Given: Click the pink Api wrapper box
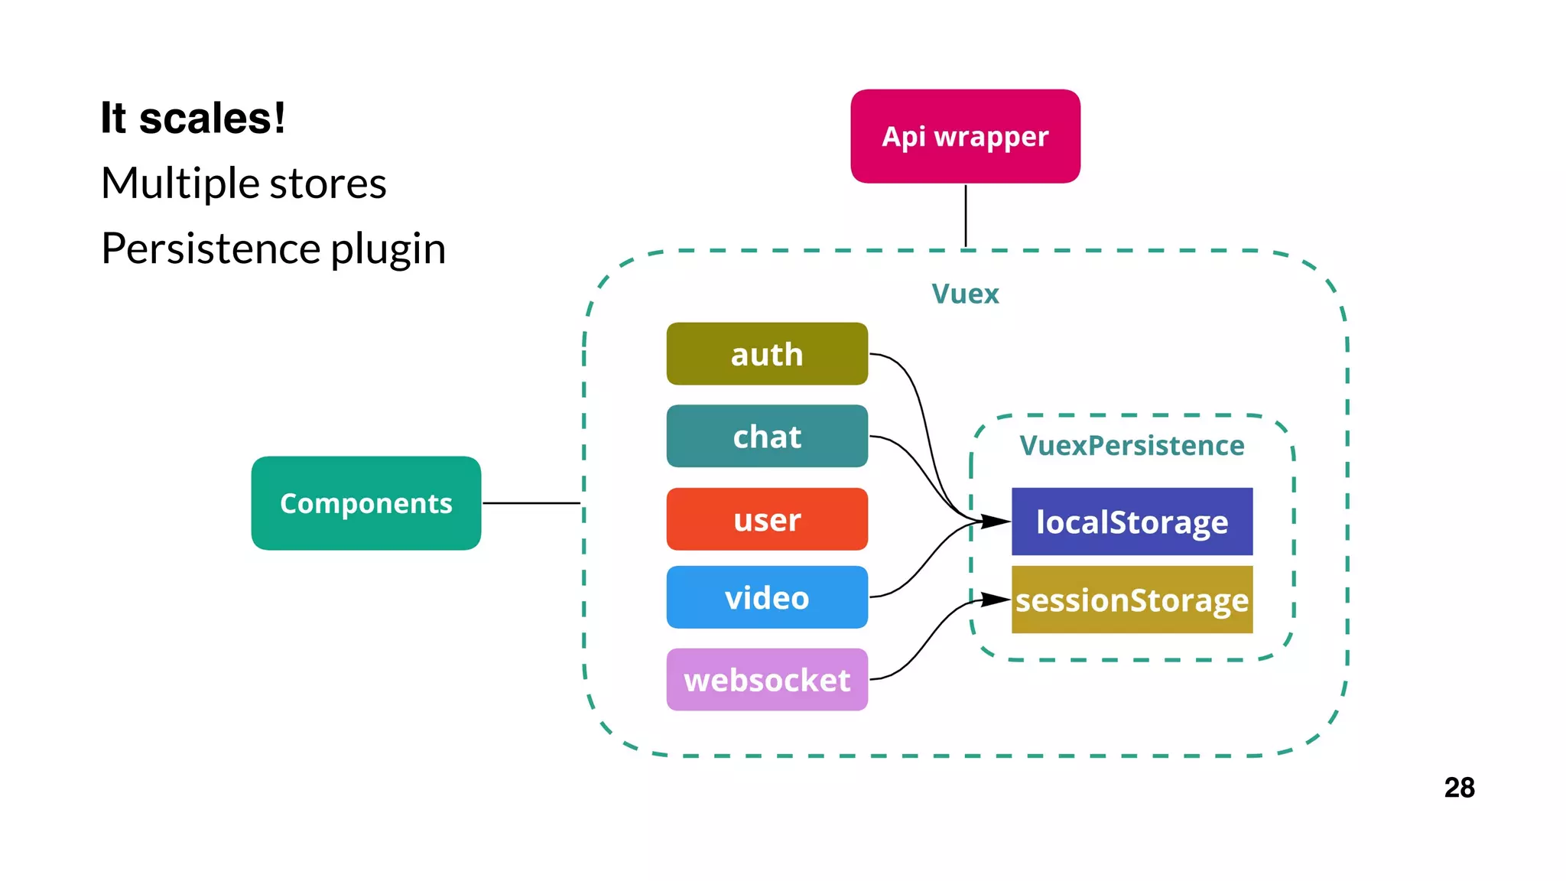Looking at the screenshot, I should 965,136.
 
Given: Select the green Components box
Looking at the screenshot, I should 366,503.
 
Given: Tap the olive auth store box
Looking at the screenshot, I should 767,354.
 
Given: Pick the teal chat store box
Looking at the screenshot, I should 767,436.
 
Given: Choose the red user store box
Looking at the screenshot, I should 767,519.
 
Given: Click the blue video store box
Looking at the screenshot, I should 767,597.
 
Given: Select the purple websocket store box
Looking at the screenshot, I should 767,680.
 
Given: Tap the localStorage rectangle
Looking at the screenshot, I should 1132,522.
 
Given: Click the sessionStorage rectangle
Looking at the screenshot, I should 1132,600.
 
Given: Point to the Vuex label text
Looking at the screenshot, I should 965,294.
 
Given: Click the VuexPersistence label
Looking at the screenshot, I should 1132,445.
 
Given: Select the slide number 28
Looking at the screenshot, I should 1459,788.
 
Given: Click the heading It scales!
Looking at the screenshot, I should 193,119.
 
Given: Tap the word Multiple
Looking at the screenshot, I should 180,184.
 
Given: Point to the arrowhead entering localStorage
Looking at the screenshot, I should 997,522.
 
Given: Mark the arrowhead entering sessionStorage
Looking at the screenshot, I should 997,600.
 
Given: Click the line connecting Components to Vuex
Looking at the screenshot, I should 531,503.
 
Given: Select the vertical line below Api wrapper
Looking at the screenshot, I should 966,216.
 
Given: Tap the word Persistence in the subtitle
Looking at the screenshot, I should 210,249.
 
